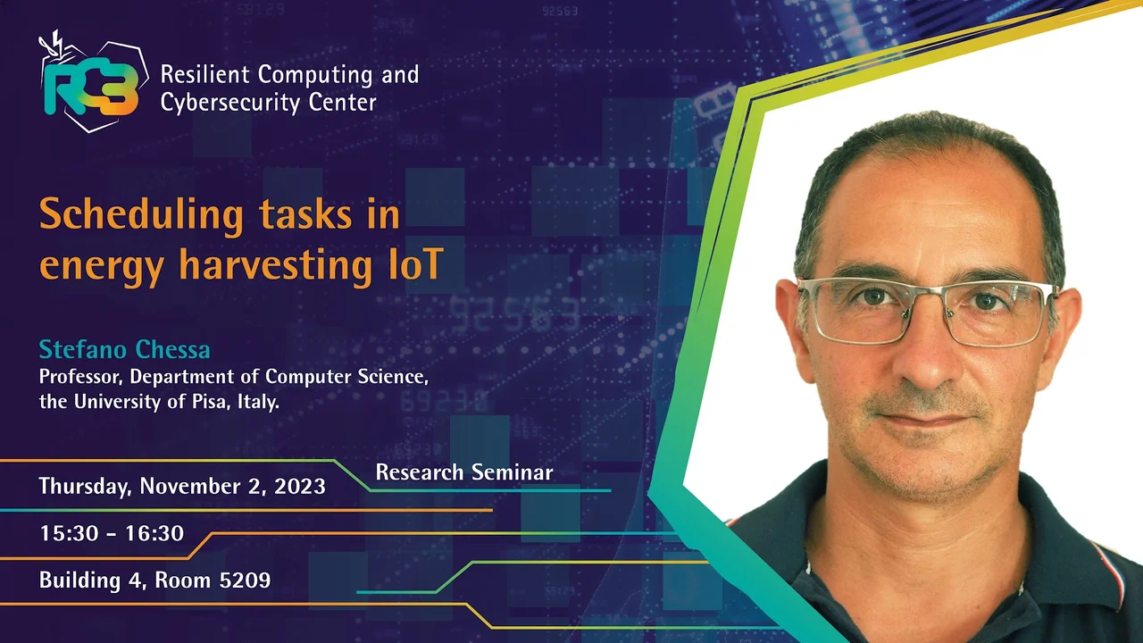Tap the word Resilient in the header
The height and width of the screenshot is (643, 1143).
pos(205,74)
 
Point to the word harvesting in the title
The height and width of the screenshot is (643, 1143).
pos(276,265)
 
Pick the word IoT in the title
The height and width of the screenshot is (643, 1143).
pos(416,264)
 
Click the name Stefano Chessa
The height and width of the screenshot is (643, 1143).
pos(124,349)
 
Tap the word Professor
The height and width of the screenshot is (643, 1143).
pos(81,377)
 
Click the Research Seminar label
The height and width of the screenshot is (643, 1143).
pos(464,472)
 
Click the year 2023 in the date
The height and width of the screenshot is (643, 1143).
pos(300,486)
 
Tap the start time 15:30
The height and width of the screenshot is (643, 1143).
pos(70,533)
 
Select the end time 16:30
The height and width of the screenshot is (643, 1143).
pos(154,533)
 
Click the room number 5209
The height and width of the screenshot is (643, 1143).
pos(245,580)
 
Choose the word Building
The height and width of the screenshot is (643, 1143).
pos(80,580)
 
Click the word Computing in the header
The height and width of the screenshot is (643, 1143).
pos(315,76)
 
